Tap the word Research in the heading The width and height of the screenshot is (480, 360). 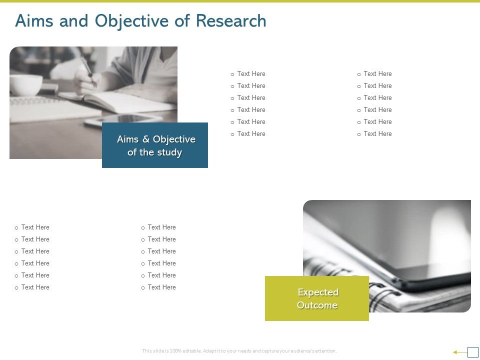click(x=230, y=21)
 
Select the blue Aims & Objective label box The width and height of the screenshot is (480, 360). click(x=154, y=145)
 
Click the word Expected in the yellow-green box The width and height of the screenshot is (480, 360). click(x=318, y=292)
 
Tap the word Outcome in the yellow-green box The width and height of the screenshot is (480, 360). click(x=317, y=305)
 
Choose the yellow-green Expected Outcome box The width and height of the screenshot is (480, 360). click(x=316, y=298)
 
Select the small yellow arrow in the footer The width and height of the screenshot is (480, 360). click(x=458, y=352)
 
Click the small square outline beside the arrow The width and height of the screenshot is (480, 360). click(x=473, y=352)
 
